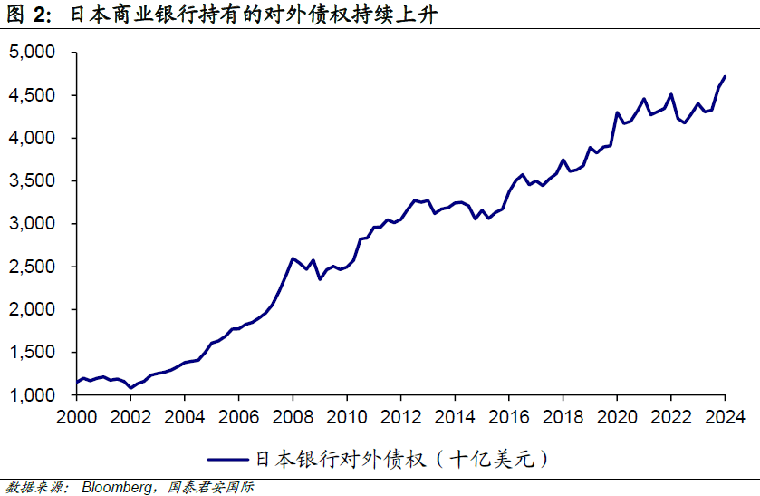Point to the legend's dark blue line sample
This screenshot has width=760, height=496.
(230, 460)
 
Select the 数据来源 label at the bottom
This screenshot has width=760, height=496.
(33, 487)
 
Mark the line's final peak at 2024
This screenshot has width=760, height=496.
(725, 76)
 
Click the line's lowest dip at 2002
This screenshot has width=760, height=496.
(131, 388)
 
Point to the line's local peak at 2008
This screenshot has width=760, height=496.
(292, 258)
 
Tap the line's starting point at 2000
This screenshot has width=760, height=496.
(77, 382)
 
